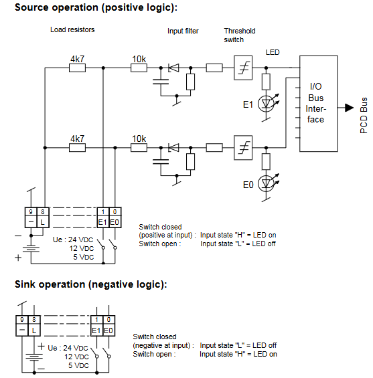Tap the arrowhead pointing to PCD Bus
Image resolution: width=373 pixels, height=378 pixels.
349,108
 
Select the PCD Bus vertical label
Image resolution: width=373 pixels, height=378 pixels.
364,115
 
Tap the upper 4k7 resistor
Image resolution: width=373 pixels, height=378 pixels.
77,68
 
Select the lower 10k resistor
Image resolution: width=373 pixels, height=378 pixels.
139,148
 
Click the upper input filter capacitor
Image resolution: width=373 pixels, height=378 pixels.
161,82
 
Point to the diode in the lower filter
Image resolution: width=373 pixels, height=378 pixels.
173,148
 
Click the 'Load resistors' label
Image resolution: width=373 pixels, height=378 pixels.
72,29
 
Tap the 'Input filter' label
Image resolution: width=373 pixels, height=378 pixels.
183,31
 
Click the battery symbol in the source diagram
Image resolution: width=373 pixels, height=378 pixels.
31,249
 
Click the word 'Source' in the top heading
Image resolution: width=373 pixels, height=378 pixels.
32,7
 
